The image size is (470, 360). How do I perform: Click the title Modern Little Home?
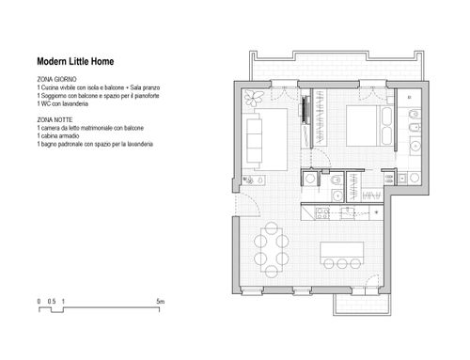pyautogui.click(x=75, y=61)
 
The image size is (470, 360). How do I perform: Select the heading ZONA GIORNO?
pyautogui.click(x=56, y=79)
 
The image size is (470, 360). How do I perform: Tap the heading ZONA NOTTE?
pyautogui.click(x=55, y=120)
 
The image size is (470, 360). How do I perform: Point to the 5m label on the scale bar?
pyautogui.click(x=160, y=302)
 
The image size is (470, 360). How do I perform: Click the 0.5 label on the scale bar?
pyautogui.click(x=52, y=302)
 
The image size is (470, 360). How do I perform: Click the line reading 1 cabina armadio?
pyautogui.click(x=58, y=136)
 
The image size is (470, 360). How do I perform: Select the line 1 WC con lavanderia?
pyautogui.click(x=62, y=103)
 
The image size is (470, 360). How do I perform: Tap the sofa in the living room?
pyautogui.click(x=254, y=140)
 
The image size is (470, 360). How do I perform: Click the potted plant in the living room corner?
pyautogui.click(x=253, y=98)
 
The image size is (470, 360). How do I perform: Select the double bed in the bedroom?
pyautogui.click(x=369, y=126)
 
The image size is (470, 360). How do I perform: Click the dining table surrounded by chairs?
pyautogui.click(x=272, y=250)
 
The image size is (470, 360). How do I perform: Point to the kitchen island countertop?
pyautogui.click(x=342, y=251)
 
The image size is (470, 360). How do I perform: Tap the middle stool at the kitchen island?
pyautogui.click(x=342, y=263)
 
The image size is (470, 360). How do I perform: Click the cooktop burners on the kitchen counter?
pyautogui.click(x=322, y=213)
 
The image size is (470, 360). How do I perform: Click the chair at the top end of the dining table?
pyautogui.click(x=272, y=227)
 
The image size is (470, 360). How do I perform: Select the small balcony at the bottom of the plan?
pyautogui.click(x=362, y=305)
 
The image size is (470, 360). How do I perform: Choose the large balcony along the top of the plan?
pyautogui.click(x=337, y=67)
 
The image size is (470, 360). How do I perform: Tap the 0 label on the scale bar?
pyautogui.click(x=39, y=302)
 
